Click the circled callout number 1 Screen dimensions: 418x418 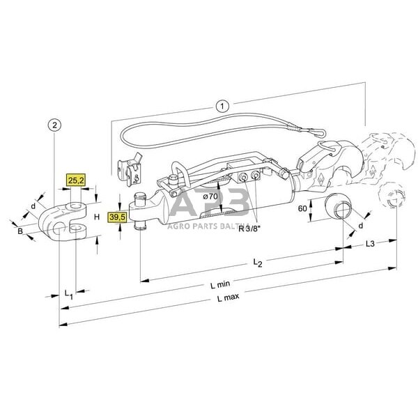tap(222, 107)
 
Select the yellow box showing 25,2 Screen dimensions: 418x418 tap(76, 183)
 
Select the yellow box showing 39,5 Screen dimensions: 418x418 tap(118, 219)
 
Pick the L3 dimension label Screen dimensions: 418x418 tap(371, 244)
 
